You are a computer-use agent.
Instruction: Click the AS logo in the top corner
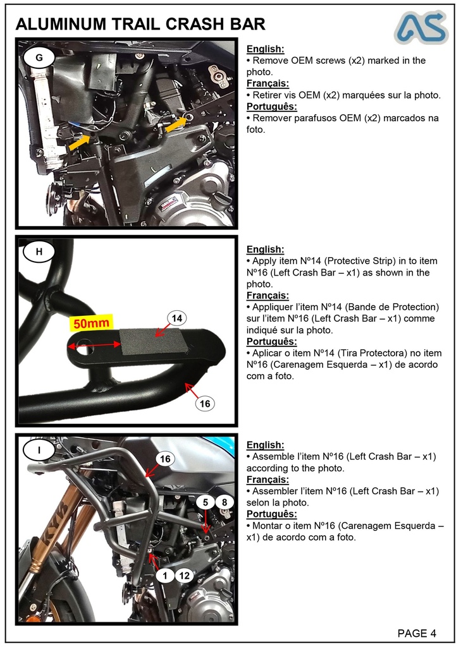tap(421, 27)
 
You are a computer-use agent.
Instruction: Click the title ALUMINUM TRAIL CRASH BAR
tap(140, 25)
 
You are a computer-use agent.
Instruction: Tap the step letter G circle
tap(39, 57)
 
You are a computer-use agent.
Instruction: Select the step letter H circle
tap(39, 252)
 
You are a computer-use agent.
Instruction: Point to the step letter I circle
tap(39, 450)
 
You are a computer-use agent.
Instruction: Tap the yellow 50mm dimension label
tap(91, 323)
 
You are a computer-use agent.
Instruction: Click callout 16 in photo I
tap(164, 459)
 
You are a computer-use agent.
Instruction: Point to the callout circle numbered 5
tap(206, 502)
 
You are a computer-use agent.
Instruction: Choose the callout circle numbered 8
tap(225, 502)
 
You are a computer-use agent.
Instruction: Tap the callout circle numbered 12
tap(184, 576)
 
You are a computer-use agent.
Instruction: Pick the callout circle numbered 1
tap(165, 576)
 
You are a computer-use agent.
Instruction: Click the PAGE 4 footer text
tap(416, 633)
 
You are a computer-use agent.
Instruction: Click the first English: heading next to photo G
tap(265, 49)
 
